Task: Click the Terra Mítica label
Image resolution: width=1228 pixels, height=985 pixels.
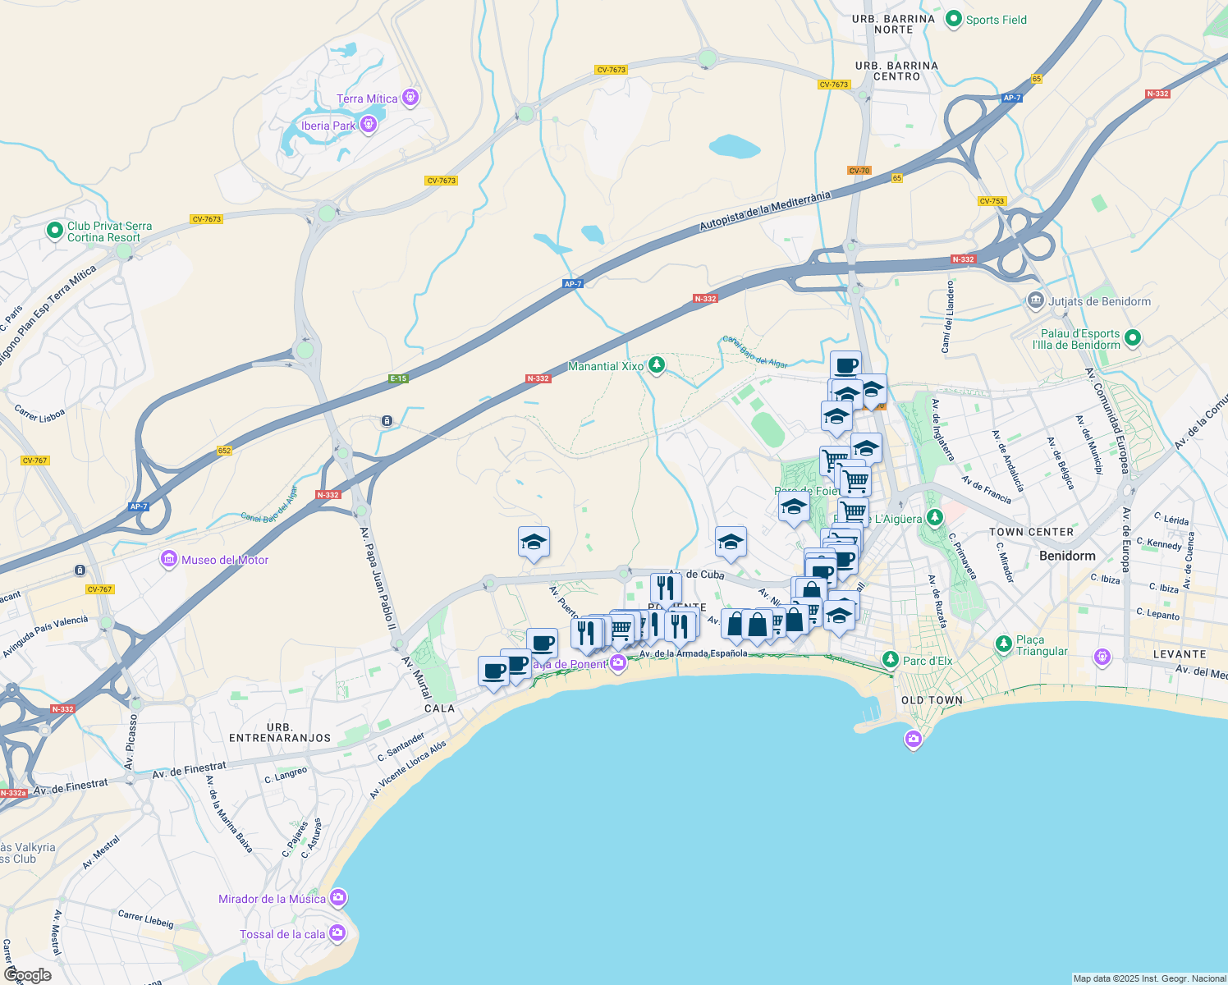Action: [x=367, y=98]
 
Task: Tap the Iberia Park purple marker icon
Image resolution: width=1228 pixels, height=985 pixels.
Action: [x=369, y=125]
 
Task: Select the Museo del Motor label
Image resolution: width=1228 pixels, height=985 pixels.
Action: [x=225, y=560]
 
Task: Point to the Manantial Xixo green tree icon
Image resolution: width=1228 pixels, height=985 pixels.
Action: [x=656, y=365]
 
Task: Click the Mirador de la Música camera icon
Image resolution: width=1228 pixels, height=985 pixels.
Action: [x=337, y=898]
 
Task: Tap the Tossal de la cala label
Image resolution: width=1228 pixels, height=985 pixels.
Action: [x=282, y=934]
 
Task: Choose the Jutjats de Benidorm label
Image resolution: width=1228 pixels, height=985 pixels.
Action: [x=1099, y=301]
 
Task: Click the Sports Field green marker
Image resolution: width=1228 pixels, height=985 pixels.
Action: [x=953, y=19]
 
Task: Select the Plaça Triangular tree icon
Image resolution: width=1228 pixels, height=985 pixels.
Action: [x=1003, y=644]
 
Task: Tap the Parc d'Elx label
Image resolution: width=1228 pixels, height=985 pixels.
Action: [x=928, y=661]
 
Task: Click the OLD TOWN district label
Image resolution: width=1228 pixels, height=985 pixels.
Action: [x=932, y=700]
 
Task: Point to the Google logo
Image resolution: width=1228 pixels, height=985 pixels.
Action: [x=28, y=975]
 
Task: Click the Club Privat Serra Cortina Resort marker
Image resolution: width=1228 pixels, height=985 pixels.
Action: [x=55, y=231]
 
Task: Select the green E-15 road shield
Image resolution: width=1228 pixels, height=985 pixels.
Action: [x=398, y=378]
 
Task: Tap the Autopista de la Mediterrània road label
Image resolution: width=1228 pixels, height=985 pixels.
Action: [x=765, y=211]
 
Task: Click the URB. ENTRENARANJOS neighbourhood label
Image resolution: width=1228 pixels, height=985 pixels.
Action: [x=280, y=733]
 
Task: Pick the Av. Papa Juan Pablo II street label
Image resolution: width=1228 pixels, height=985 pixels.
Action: [x=378, y=566]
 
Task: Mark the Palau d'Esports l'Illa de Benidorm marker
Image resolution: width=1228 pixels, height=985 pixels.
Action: [x=1133, y=337]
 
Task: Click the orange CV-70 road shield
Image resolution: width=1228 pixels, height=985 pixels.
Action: [x=859, y=171]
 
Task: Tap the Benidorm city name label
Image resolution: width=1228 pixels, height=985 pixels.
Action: [x=1067, y=556]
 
